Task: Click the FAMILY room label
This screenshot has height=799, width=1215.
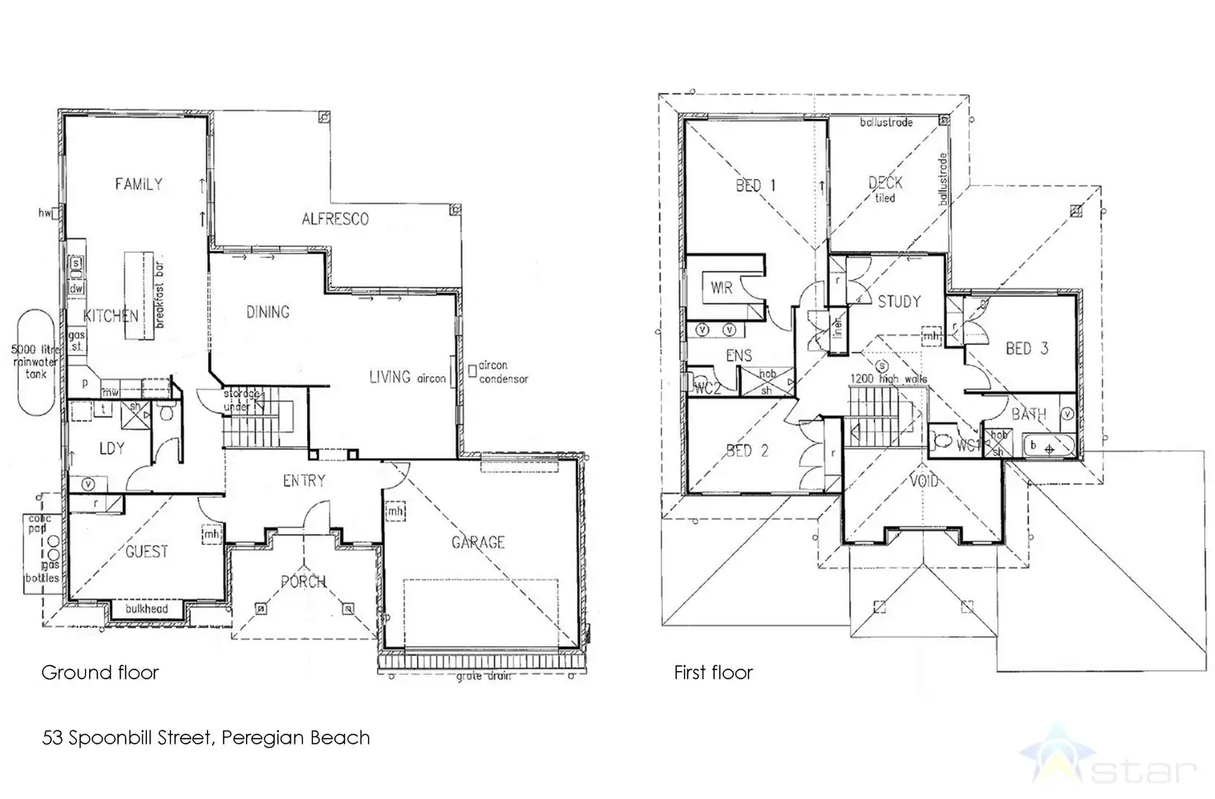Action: (x=139, y=184)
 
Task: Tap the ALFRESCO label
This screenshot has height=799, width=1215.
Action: (x=334, y=219)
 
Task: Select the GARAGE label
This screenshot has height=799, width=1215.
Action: (x=478, y=542)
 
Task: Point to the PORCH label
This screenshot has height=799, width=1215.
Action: (x=304, y=581)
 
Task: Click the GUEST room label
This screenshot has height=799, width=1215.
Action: (x=146, y=551)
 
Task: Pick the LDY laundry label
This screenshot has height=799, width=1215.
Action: (x=111, y=448)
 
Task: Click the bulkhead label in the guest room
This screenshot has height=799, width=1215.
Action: (x=146, y=609)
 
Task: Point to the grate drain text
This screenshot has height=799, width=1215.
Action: (x=483, y=676)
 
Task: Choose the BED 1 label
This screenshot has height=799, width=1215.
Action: (x=755, y=185)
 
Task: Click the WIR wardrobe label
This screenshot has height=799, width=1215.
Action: (x=721, y=288)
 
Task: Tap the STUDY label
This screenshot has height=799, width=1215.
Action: (x=899, y=301)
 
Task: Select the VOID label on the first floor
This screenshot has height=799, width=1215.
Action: (x=923, y=480)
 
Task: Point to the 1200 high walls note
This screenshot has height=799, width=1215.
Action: (x=889, y=379)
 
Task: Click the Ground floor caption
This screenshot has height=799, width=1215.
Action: (x=100, y=673)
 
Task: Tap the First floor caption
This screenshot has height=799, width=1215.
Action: (x=713, y=673)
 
